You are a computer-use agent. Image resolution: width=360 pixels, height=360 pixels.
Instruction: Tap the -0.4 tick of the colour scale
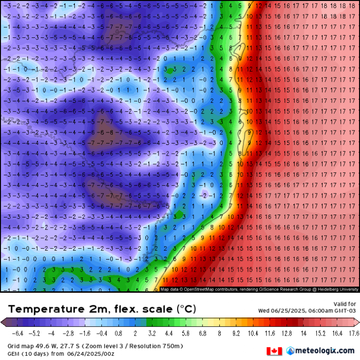click(x=102, y=333)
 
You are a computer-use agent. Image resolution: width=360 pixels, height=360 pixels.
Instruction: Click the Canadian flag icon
click(x=275, y=351)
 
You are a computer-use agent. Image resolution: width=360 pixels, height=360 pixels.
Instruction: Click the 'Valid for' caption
click(x=345, y=304)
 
